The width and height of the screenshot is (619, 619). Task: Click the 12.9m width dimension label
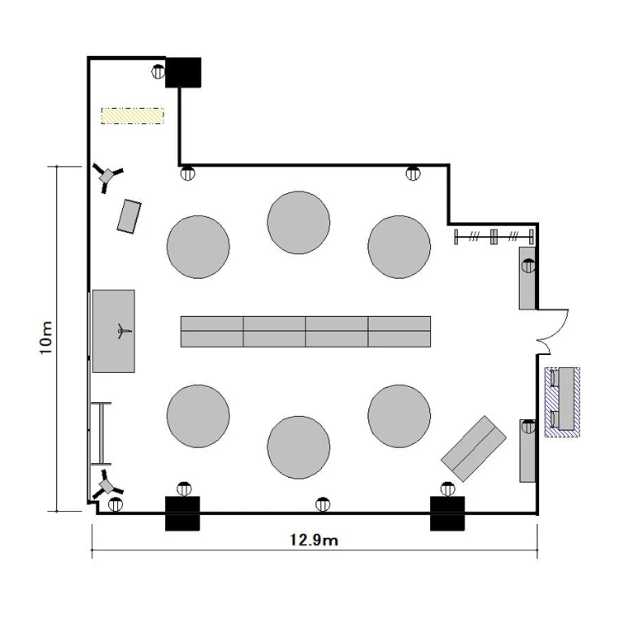click(314, 540)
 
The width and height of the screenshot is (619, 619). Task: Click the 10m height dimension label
click(46, 338)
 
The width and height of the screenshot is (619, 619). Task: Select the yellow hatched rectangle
click(133, 116)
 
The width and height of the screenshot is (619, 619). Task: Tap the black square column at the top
click(182, 73)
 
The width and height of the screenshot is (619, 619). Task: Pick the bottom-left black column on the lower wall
click(182, 513)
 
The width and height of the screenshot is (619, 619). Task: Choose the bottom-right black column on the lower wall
click(447, 513)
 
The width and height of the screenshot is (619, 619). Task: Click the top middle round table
click(299, 223)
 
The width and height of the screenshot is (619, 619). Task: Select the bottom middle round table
click(299, 447)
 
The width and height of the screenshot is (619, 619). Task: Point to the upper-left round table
click(198, 247)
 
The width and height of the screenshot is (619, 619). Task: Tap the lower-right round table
click(399, 416)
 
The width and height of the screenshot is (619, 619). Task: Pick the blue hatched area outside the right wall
click(562, 402)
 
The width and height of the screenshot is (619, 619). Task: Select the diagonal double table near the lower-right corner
click(474, 448)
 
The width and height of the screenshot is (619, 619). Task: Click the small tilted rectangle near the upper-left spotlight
click(129, 216)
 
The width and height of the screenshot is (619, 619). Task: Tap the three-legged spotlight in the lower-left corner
click(106, 484)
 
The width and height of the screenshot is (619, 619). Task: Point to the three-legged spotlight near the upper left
click(107, 177)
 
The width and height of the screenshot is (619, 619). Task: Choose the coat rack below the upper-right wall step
click(494, 237)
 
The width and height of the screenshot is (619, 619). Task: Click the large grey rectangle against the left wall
click(114, 331)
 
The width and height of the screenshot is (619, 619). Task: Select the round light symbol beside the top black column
click(158, 72)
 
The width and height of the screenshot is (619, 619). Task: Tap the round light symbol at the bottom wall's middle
click(323, 504)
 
